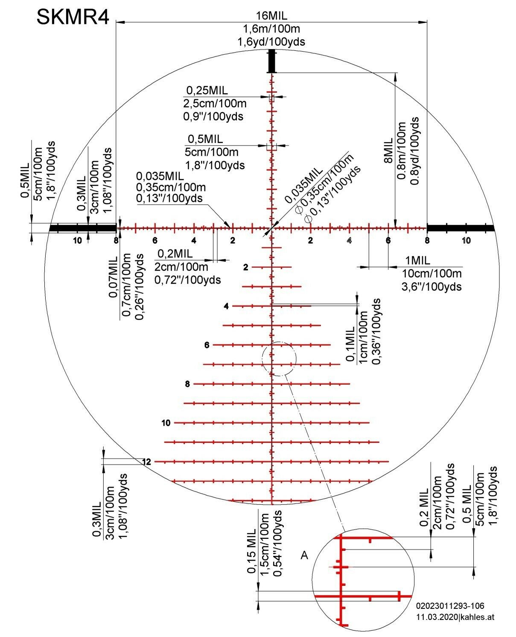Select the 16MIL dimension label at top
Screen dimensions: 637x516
271,16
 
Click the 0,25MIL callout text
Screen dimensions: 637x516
207,91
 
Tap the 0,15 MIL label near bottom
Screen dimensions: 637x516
251,551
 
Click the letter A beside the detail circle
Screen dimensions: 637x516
304,555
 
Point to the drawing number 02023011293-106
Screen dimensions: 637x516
450,606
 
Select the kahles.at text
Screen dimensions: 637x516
478,617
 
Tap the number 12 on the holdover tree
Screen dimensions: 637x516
146,462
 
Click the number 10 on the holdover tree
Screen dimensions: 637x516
166,423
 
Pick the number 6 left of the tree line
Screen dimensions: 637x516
207,345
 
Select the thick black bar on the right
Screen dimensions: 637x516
460,228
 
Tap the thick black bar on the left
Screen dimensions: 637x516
83,228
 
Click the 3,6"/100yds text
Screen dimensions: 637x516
431,286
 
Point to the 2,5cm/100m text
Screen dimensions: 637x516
215,103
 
